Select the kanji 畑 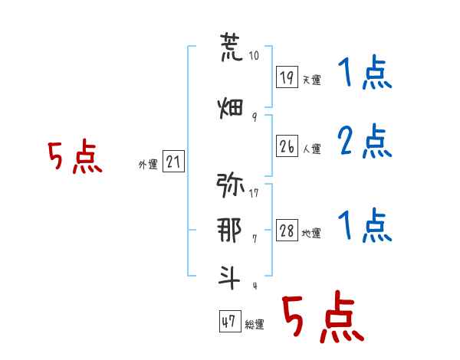pos(231,108)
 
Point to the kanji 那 pos(231,229)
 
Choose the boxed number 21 pos(173,162)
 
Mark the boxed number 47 pos(229,322)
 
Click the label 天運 pos(311,79)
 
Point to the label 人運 pos(311,148)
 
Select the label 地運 pos(311,233)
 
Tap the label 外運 pos(148,164)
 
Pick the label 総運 pos(255,324)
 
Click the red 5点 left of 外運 pos(74,158)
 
